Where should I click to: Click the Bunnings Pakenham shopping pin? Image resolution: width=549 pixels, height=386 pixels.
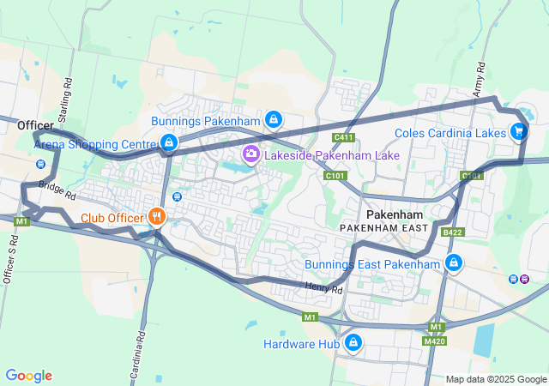(273, 120)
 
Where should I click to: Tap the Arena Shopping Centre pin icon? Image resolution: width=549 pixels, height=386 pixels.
(169, 143)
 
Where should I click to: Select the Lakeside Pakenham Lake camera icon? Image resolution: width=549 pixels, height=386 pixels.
(251, 155)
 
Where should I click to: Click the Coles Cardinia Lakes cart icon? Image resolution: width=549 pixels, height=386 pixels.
(518, 132)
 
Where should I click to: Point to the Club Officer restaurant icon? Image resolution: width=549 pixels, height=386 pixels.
(155, 216)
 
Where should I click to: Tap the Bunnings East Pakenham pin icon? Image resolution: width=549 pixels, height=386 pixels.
(453, 263)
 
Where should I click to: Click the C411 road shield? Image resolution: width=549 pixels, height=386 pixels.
(344, 137)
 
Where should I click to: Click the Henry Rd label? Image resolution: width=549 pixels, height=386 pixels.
(323, 289)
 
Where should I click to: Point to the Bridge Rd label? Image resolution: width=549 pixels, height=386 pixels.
(58, 186)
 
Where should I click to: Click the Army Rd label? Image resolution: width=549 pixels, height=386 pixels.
(479, 79)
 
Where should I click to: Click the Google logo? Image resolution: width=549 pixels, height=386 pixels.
(29, 376)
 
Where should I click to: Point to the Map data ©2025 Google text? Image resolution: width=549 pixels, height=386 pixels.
(495, 379)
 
